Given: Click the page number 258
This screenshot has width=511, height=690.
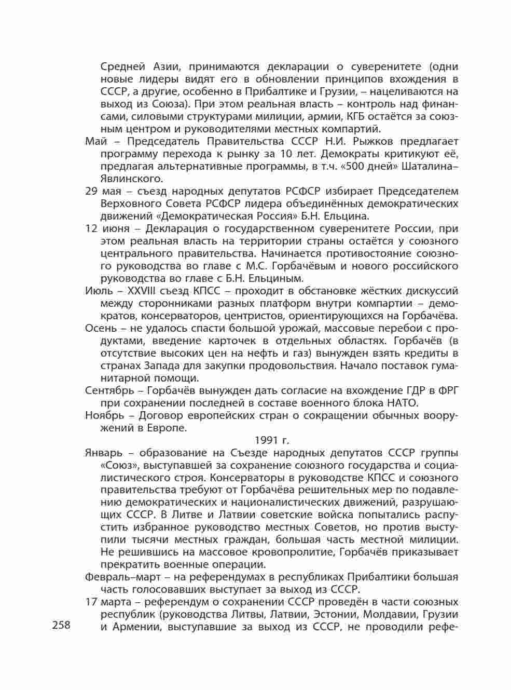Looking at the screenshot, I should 61,626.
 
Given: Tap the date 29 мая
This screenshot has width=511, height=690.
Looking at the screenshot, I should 103,191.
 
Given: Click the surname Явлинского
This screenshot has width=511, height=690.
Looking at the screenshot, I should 131,179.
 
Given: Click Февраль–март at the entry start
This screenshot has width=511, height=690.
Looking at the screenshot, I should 117,577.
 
